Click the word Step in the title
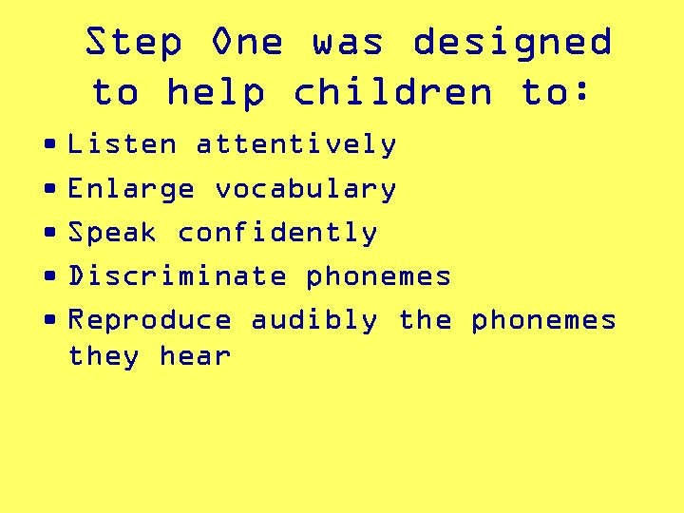pos(133,43)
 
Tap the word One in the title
pos(248,43)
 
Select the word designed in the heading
pos(512,43)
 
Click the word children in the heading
pos(393,92)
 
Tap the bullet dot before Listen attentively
pos(49,145)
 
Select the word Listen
pos(123,144)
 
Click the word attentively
pos(296,144)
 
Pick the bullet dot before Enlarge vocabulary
pos(49,189)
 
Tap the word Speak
pos(113,233)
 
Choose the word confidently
pos(277,233)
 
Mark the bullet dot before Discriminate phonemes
pos(49,276)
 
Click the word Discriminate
pos(178,276)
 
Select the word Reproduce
pos(150,320)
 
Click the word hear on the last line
pos(195,356)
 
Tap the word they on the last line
pos(104,357)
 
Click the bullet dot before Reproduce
pos(49,320)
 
